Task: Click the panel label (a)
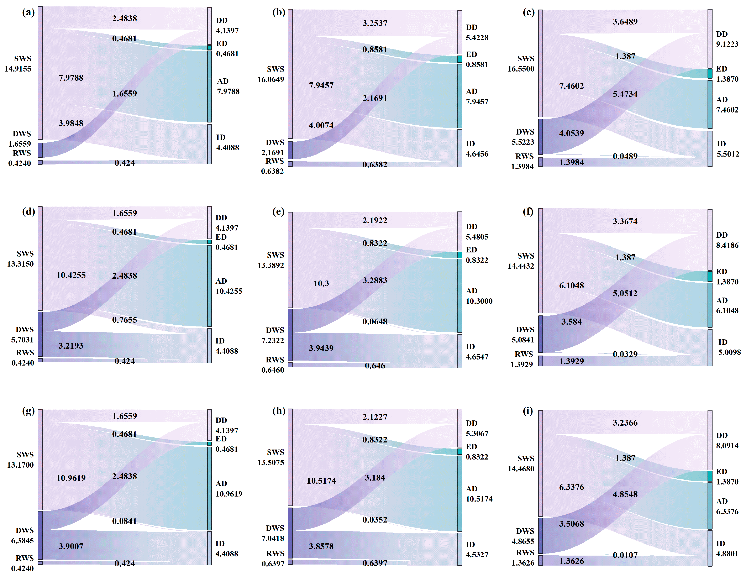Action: [x=28, y=13]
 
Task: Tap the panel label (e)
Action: [x=278, y=212]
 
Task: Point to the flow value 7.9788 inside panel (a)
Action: [x=71, y=78]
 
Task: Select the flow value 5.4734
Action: [x=625, y=94]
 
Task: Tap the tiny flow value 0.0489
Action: [x=625, y=156]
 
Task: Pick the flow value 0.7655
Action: [x=125, y=320]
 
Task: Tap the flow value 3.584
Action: [x=571, y=322]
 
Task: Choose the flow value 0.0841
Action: [x=125, y=521]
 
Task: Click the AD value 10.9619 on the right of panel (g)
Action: [x=229, y=494]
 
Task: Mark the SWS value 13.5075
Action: [x=270, y=463]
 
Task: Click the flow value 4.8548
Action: [x=625, y=494]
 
